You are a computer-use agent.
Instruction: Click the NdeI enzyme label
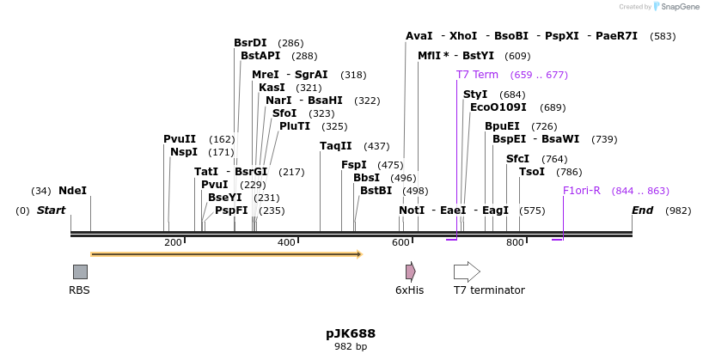point(72,191)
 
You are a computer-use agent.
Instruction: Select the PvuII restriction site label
point(180,139)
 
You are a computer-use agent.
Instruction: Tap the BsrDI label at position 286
point(250,43)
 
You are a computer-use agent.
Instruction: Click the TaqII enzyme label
point(336,146)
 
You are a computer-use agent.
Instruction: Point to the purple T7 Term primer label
point(477,75)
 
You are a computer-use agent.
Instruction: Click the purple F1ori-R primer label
point(582,191)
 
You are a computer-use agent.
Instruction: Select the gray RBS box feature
point(80,272)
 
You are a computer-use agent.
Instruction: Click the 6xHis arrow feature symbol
point(411,272)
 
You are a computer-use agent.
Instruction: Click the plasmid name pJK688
point(351,333)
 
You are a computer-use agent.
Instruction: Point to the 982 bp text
point(351,347)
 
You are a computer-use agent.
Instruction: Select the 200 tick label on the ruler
point(173,243)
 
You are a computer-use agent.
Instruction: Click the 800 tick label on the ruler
point(515,243)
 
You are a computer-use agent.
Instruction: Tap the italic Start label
point(51,211)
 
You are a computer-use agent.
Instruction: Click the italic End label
point(642,211)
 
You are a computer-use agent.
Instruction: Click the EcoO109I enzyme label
point(498,107)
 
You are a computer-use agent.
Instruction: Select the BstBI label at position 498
point(376,191)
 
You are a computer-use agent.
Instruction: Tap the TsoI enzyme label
point(532,172)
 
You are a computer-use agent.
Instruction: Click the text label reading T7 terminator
point(489,290)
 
